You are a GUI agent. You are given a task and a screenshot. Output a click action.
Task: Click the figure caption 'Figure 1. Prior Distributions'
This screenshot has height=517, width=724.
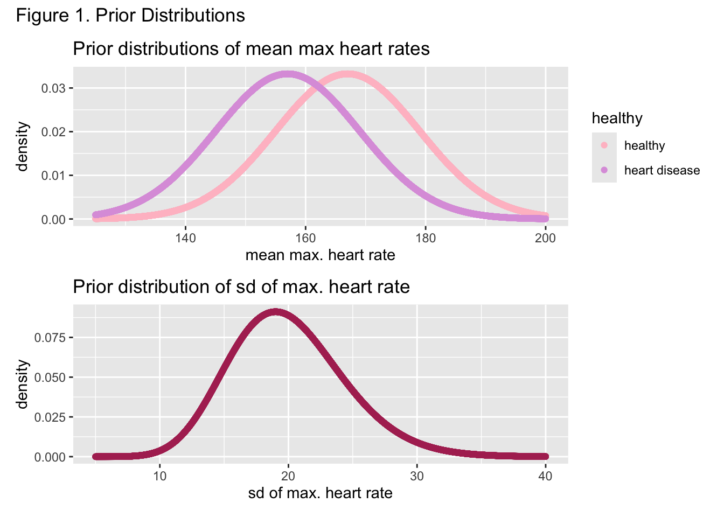point(130,16)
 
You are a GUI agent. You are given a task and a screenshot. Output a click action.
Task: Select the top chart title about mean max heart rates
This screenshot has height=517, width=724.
point(251,49)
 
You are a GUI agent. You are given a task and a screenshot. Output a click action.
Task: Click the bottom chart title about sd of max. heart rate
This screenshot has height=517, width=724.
point(241,287)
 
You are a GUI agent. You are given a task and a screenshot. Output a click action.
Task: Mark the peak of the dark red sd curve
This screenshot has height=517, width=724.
point(276,312)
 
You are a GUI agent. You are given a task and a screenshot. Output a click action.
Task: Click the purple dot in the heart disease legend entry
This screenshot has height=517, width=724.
point(604,170)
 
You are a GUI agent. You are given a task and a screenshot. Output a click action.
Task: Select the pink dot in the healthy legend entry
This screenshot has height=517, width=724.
point(604,145)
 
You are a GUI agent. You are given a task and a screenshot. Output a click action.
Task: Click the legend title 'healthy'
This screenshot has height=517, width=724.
point(617,118)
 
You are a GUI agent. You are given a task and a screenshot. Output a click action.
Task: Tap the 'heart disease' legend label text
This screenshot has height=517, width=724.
point(662,171)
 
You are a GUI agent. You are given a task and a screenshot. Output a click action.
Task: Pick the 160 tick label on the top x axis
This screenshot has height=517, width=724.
point(305,238)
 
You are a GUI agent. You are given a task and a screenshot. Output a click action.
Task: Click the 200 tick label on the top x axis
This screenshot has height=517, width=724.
point(545,238)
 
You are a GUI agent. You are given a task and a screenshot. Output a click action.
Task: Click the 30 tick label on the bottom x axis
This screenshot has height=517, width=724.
point(417,476)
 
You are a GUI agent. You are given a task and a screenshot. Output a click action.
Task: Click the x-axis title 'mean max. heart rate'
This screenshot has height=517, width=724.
point(320,255)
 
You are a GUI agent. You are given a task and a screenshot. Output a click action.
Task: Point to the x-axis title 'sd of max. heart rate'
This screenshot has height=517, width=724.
point(320,493)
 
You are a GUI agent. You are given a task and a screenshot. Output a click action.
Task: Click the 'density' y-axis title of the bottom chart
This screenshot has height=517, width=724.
point(22,384)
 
